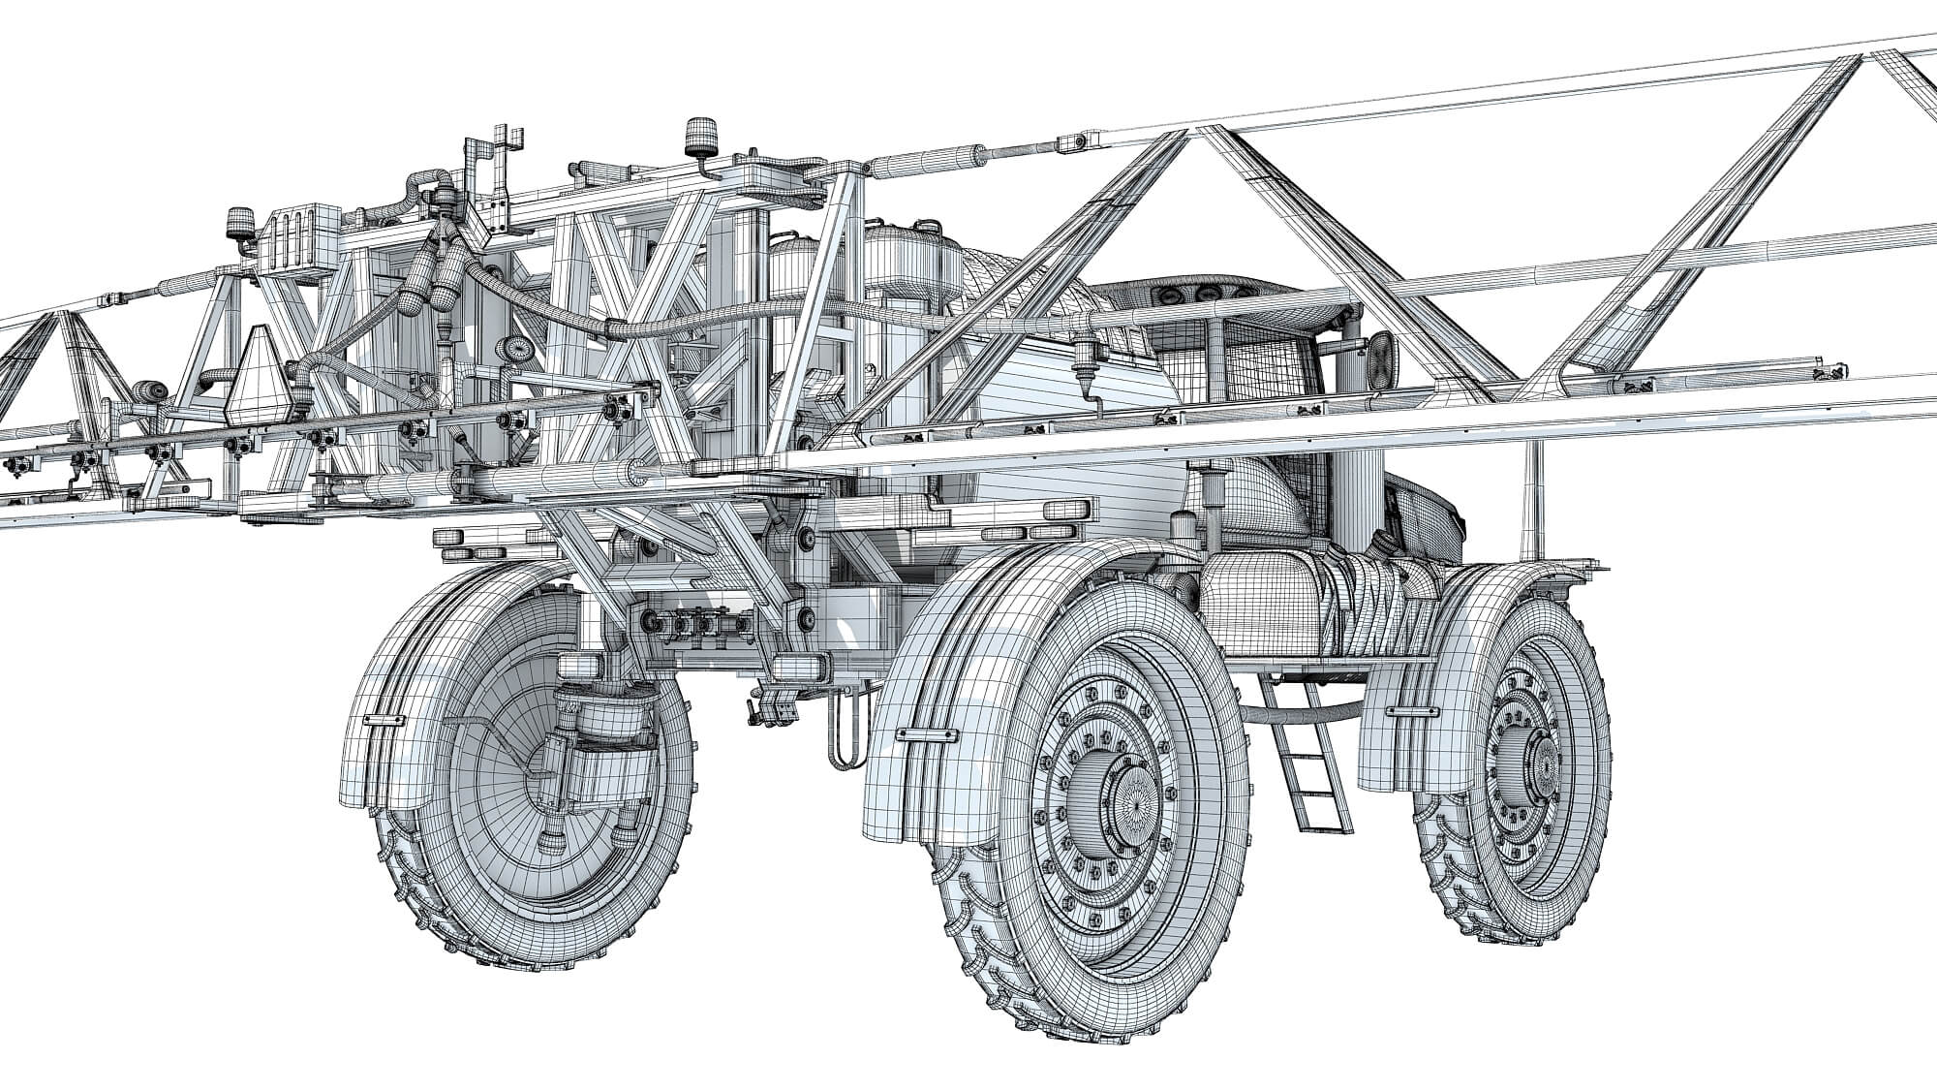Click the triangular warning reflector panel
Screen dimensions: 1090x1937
[x=259, y=375]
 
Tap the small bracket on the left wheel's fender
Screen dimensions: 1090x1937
[x=385, y=723]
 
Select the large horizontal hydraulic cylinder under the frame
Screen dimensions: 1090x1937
[x=542, y=478]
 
